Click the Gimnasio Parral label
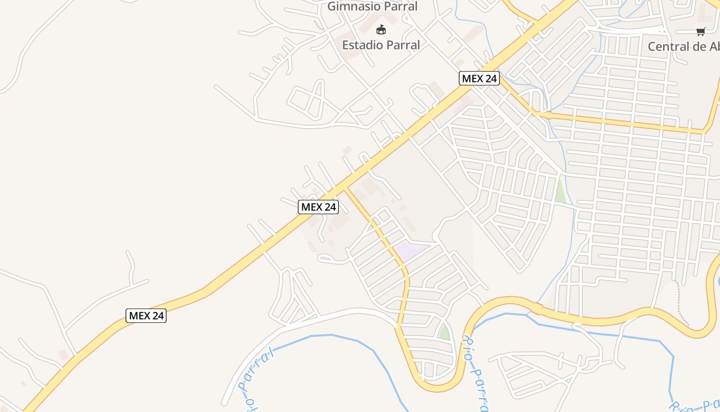[372, 7]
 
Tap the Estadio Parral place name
[381, 45]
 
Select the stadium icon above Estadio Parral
[381, 29]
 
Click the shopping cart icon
[700, 32]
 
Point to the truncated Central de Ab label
[683, 46]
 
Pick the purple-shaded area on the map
[409, 251]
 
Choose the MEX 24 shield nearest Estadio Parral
[479, 78]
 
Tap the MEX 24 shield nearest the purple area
[318, 207]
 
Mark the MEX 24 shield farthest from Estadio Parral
[146, 316]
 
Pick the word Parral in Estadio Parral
[401, 45]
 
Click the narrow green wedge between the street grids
[560, 191]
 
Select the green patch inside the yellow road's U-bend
[443, 332]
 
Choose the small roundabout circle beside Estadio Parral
[406, 19]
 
